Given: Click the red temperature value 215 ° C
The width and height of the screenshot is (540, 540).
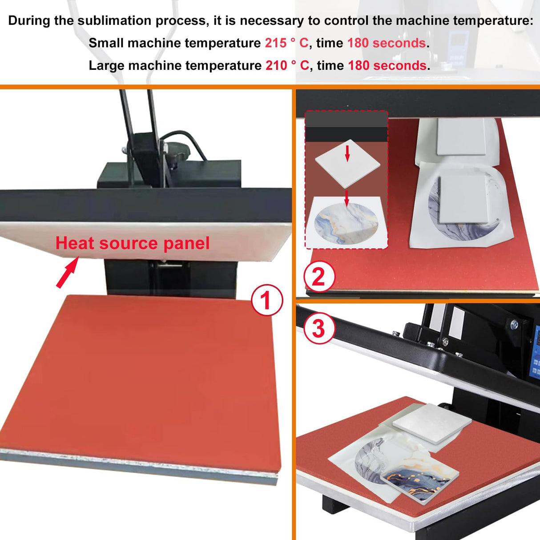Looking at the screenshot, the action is (x=286, y=43).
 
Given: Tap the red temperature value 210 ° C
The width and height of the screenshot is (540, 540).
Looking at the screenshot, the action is (x=287, y=65).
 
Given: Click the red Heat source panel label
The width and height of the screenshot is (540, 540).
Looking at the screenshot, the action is (x=133, y=243).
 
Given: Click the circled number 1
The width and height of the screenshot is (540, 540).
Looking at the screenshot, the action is (x=267, y=300).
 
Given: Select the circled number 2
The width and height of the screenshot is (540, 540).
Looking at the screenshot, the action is (x=319, y=277).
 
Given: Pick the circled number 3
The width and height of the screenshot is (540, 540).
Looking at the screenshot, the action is (x=319, y=328).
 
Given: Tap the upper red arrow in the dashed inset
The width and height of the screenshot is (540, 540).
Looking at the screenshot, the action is (x=347, y=153).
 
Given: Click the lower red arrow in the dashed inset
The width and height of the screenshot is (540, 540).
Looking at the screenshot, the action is (x=347, y=198).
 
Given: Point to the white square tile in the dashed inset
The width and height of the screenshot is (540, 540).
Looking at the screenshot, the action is (x=347, y=164).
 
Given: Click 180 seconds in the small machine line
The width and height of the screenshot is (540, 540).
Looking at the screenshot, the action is (x=387, y=43).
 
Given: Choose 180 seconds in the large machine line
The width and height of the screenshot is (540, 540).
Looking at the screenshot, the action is (x=387, y=65).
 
